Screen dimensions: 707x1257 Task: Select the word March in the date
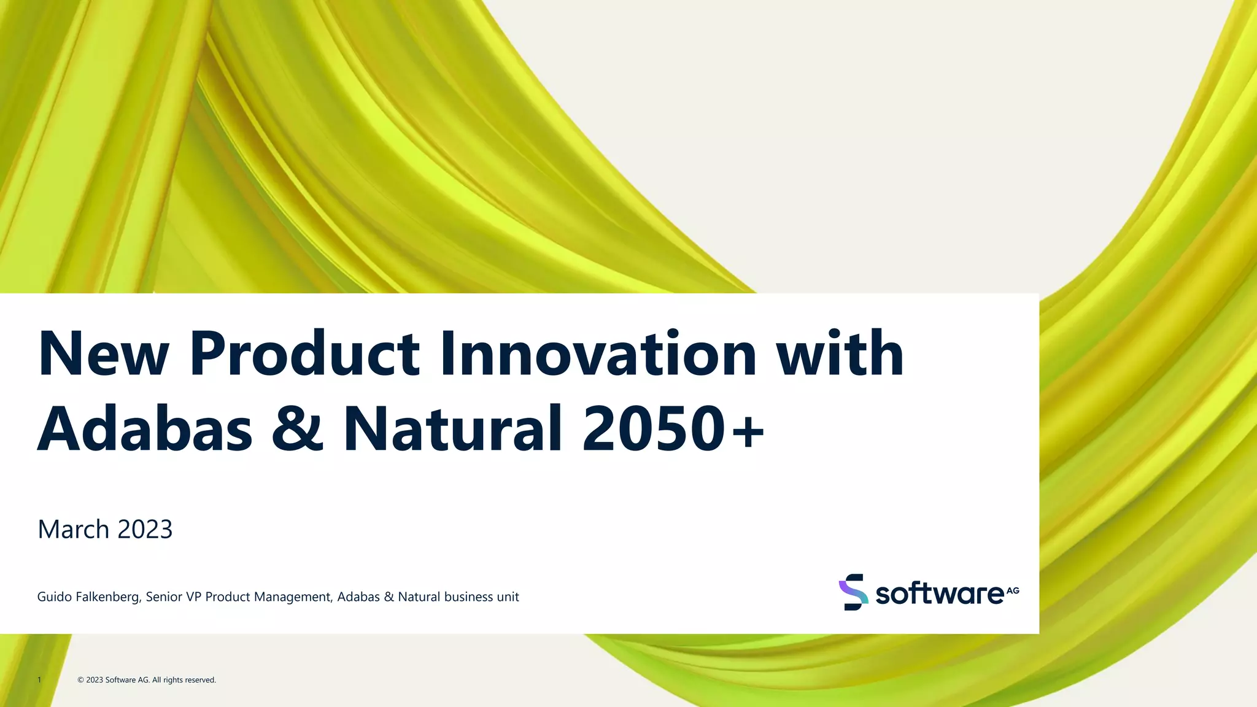click(73, 529)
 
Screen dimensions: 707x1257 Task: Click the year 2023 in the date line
click(145, 529)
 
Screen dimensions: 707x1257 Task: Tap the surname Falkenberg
click(107, 597)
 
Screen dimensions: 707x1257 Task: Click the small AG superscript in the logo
click(1013, 590)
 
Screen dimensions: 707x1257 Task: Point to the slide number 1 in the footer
click(39, 680)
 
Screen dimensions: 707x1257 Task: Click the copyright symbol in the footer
click(80, 680)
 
